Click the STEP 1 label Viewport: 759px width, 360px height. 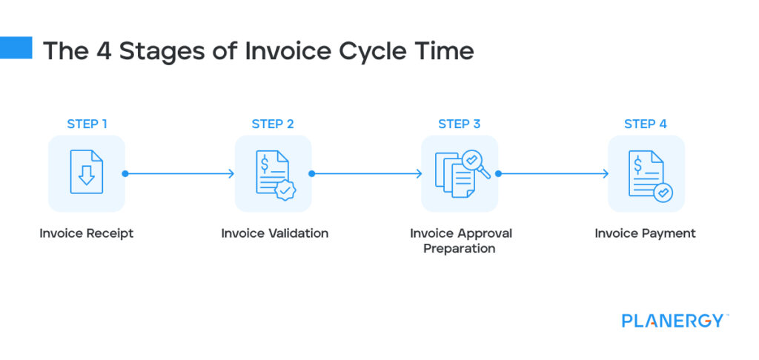[x=87, y=124]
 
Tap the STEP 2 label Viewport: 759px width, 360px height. [x=273, y=124]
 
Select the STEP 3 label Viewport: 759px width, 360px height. [x=460, y=124]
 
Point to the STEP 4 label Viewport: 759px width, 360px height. [x=646, y=124]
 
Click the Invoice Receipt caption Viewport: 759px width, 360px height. [x=87, y=233]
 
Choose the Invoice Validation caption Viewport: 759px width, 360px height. [x=274, y=233]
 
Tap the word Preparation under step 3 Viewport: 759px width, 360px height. [x=460, y=249]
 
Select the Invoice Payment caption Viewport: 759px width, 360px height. [x=646, y=233]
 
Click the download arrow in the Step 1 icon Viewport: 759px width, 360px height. [x=87, y=176]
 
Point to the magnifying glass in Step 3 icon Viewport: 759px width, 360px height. [x=473, y=161]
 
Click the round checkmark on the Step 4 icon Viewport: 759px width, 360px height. [x=663, y=192]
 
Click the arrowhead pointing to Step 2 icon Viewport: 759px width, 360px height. [x=231, y=174]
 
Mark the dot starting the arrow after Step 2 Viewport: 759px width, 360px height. [x=312, y=174]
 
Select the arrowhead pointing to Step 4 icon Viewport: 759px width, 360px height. [x=605, y=174]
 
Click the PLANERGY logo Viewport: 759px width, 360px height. [x=673, y=321]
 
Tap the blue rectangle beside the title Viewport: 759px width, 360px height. [x=16, y=48]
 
